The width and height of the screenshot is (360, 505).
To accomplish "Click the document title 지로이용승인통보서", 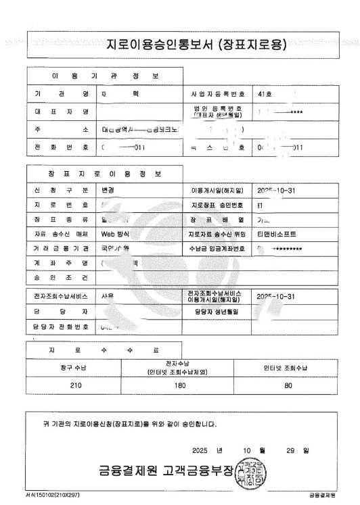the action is pos(197,45).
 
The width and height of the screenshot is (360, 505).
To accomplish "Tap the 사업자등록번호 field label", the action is pos(218,93).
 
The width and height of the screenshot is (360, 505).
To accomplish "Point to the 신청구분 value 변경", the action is pos(108,190).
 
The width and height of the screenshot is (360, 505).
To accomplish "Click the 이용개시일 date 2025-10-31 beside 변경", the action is pos(277,190).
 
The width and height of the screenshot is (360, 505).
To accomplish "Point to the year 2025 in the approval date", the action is pos(201,450).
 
